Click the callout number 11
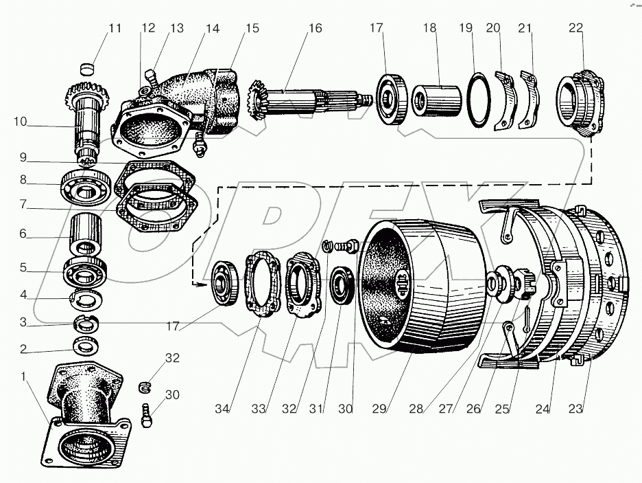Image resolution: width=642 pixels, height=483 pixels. (x=114, y=29)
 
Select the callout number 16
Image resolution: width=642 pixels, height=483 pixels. (x=315, y=29)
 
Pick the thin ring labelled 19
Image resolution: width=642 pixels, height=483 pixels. (x=477, y=100)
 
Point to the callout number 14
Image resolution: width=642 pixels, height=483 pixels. (x=213, y=29)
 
